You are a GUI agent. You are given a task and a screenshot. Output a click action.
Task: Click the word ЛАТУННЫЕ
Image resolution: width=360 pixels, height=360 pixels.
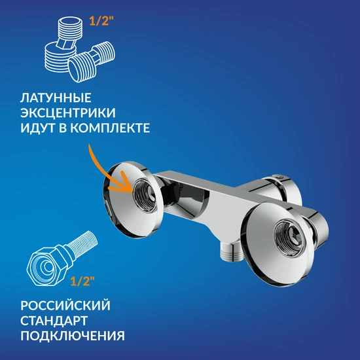56,98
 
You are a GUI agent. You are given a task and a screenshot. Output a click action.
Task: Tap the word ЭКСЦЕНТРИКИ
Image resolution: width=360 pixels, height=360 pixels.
68,113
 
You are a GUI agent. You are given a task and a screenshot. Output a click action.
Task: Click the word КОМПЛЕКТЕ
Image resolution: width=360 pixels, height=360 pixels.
110,128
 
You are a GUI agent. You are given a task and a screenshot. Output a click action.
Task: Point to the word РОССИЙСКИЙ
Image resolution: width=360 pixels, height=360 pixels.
65,306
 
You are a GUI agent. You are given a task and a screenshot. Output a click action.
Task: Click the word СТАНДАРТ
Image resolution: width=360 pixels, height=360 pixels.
54,321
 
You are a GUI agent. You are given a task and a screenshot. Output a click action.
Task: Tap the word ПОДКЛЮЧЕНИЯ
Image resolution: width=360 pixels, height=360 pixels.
73,336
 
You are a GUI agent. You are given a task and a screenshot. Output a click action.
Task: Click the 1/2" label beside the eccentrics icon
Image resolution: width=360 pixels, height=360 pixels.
101,21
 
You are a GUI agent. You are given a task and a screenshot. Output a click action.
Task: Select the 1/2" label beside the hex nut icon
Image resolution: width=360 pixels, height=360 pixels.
82,281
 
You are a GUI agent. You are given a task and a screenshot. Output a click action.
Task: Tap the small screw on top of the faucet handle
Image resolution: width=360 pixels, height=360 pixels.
279,176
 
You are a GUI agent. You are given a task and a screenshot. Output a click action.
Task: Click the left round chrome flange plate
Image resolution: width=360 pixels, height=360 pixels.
133,199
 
